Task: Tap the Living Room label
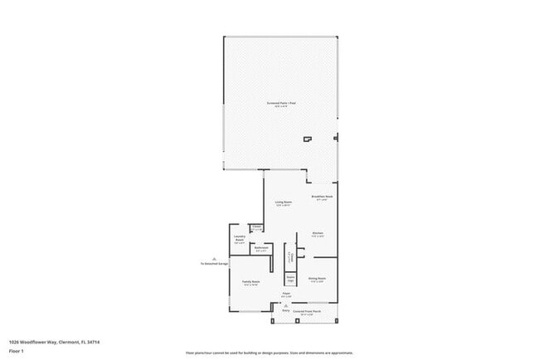click(284, 203)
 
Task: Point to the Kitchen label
click(317, 235)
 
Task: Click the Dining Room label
click(317, 280)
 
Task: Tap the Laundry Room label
click(239, 238)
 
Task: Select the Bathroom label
click(261, 248)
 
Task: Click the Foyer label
click(286, 294)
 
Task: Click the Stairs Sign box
click(291, 280)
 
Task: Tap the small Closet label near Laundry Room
click(258, 228)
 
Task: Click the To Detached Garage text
click(214, 265)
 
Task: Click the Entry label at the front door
click(286, 309)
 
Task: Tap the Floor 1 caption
click(16, 350)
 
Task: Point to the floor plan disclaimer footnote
click(269, 352)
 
